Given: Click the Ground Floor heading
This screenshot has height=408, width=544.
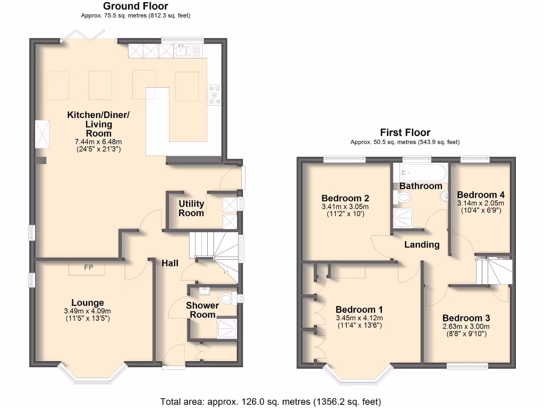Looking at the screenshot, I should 135,6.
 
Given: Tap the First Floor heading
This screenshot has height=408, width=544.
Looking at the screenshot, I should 405,133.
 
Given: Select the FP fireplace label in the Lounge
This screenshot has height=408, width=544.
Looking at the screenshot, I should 88,267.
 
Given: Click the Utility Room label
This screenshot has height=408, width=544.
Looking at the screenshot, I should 191,208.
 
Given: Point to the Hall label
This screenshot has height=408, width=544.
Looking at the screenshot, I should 170,263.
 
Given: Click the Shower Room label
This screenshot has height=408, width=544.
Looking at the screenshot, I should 202,310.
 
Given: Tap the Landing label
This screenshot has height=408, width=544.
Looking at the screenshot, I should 422,245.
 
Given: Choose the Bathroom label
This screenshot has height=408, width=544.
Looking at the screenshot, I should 421,186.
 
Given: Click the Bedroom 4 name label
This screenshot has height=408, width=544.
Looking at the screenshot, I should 480,194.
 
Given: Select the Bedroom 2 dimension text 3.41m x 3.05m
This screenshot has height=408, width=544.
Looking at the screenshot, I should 345,207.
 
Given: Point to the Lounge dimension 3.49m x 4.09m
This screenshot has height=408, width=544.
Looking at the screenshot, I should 88,311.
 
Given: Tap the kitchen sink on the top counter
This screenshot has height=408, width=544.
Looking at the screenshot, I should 182,50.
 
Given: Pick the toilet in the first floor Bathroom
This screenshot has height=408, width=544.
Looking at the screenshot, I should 403,198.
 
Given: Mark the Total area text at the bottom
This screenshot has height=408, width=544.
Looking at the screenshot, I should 270,402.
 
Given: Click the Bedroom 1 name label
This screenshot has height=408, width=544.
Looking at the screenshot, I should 359,310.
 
